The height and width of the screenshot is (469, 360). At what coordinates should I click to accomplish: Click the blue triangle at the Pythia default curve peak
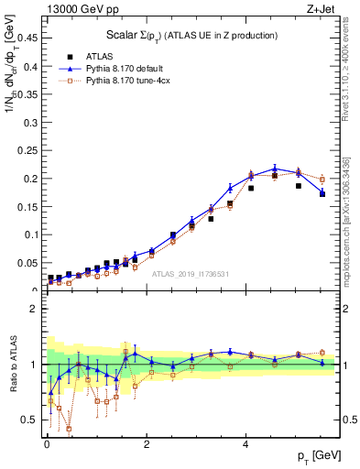pyautogui.click(x=275, y=169)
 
